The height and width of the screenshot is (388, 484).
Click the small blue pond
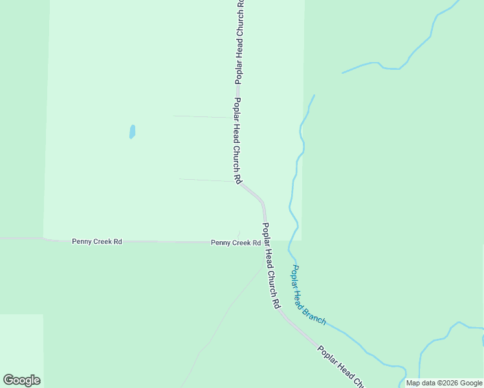coord(132,132)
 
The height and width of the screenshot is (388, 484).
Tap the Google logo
coord(21,380)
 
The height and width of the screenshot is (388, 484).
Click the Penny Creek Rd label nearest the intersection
coord(236,243)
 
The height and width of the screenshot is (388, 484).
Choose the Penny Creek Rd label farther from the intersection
coord(97,242)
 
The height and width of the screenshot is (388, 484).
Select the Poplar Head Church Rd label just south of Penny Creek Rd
coord(270,265)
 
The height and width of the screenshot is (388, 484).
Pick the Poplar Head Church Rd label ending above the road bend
coord(237,139)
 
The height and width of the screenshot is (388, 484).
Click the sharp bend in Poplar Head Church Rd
coord(262,202)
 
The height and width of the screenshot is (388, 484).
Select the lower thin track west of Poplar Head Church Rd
coord(206,180)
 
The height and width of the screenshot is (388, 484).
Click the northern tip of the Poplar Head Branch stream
coord(314,96)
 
